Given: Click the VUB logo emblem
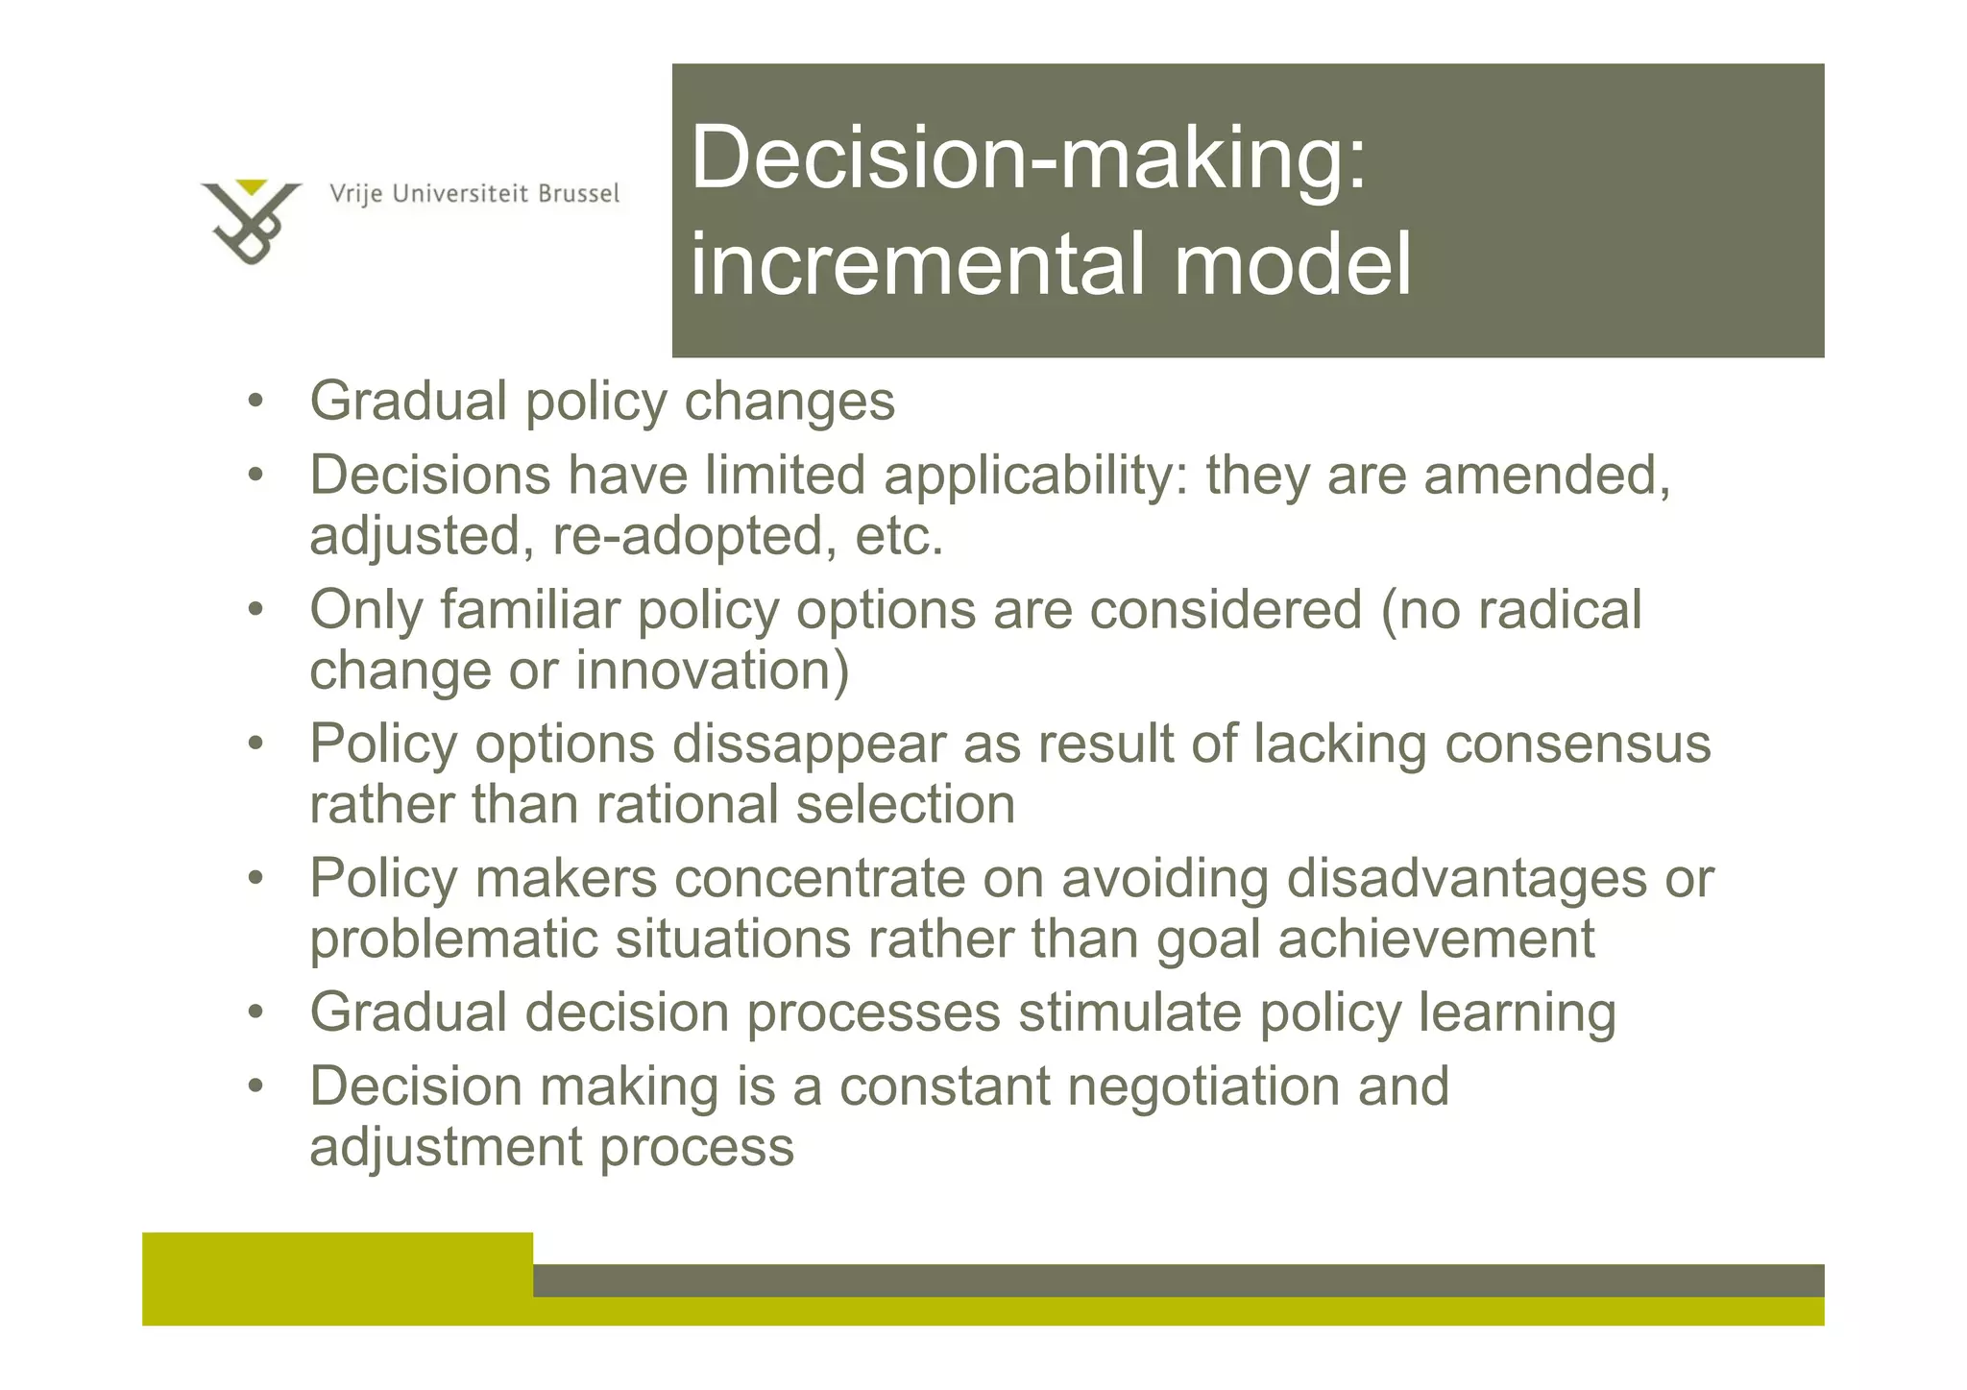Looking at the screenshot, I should (x=250, y=221).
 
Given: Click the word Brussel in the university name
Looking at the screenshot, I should (x=578, y=194).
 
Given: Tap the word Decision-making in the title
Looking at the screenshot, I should (x=1028, y=158).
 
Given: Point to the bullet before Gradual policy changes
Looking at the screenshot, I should (x=255, y=402).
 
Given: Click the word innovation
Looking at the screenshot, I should (x=712, y=671).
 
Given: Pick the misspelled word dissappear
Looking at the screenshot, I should (x=809, y=744).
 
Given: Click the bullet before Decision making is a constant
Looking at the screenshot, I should (x=255, y=1087).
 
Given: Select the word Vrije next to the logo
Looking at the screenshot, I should (x=356, y=195).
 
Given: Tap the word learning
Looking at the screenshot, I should (x=1517, y=1014).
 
